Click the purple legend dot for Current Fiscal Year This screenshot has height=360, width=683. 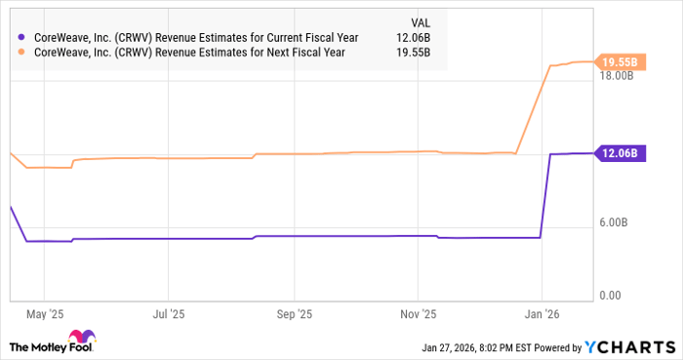[21, 37]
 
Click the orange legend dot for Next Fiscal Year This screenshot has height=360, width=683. [21, 53]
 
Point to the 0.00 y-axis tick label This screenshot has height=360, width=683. [611, 296]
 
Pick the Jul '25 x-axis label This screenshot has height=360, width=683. [169, 314]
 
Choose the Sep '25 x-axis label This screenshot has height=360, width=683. [294, 314]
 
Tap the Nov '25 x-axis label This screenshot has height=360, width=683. [419, 314]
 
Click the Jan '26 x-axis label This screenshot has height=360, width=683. [542, 314]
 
